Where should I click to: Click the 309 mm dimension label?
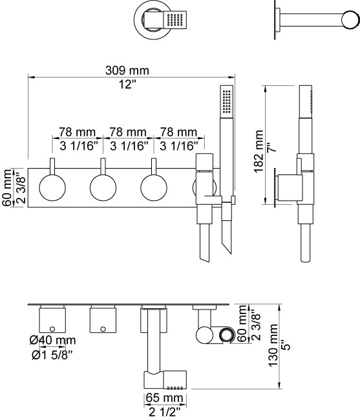(127, 70)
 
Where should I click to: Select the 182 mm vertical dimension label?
(259, 152)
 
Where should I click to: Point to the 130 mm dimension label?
(273, 345)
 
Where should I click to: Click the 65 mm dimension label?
(164, 398)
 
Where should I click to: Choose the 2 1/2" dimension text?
(164, 412)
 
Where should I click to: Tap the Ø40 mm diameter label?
(52, 340)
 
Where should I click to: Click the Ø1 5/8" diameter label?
(52, 355)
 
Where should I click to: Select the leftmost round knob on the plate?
(52, 187)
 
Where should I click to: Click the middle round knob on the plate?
(103, 187)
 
